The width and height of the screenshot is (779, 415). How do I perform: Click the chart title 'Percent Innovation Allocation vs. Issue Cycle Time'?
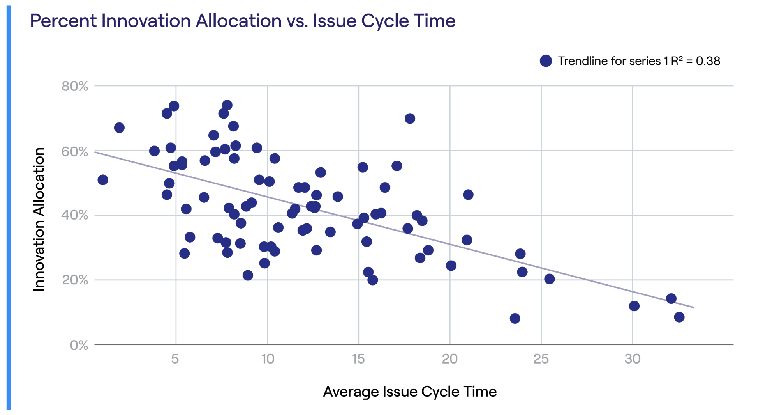242,21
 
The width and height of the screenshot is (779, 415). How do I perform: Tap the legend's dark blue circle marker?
546,61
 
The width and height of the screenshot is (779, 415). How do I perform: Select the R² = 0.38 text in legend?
695,61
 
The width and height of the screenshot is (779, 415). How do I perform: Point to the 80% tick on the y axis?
75,86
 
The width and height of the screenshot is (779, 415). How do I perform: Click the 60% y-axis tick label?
75,152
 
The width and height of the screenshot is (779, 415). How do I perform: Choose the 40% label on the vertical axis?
75,215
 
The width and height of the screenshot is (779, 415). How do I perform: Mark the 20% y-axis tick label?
75,280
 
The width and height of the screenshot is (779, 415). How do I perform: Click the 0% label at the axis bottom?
79,345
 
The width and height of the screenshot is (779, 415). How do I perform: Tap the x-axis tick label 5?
175,359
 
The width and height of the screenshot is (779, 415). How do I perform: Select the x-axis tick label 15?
358,359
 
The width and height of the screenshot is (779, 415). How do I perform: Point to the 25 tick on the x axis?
541,359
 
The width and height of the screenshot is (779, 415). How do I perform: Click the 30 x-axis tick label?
632,359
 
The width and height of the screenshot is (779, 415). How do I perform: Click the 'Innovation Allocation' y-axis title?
39,219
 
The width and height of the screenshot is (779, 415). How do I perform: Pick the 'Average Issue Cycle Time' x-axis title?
410,392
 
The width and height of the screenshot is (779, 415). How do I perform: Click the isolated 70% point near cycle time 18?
410,119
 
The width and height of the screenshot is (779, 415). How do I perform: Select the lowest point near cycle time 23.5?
515,318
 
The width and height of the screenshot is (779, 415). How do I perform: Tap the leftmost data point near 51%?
103,180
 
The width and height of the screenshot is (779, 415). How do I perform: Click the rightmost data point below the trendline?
679,317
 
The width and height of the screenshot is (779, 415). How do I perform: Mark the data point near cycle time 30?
634,306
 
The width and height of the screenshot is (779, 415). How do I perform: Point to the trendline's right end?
693,307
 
